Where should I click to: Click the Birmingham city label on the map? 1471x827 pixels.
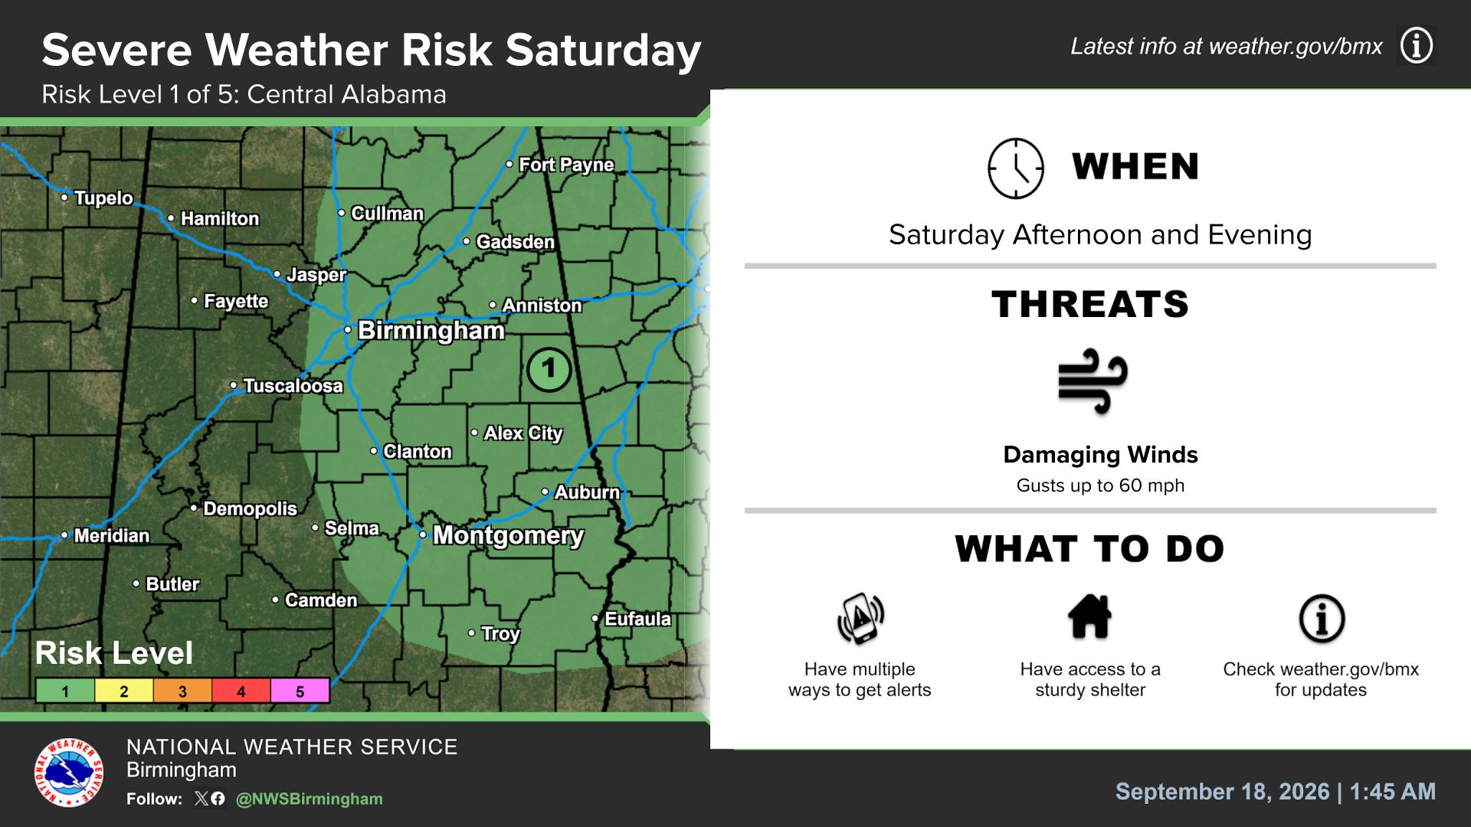click(x=431, y=331)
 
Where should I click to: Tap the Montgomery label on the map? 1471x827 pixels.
click(x=508, y=535)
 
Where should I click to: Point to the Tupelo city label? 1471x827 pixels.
click(x=103, y=198)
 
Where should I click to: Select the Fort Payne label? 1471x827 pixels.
click(x=566, y=165)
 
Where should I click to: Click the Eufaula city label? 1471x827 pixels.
click(x=637, y=619)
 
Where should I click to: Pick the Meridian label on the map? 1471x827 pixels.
click(x=111, y=535)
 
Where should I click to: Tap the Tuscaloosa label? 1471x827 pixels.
click(x=293, y=385)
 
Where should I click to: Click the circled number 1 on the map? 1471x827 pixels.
click(x=549, y=370)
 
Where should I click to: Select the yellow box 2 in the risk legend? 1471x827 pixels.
click(x=124, y=691)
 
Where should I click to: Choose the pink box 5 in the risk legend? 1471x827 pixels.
click(x=300, y=691)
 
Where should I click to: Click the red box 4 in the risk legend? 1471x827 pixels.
click(x=241, y=691)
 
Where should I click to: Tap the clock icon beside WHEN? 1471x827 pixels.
click(x=1016, y=168)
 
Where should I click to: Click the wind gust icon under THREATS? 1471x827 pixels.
click(x=1093, y=381)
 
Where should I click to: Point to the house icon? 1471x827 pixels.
click(x=1089, y=616)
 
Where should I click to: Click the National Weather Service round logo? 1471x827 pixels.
click(x=68, y=772)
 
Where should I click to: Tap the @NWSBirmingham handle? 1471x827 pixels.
click(x=310, y=799)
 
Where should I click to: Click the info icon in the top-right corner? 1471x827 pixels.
click(x=1416, y=46)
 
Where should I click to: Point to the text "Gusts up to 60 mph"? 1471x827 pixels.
click(x=1100, y=485)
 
